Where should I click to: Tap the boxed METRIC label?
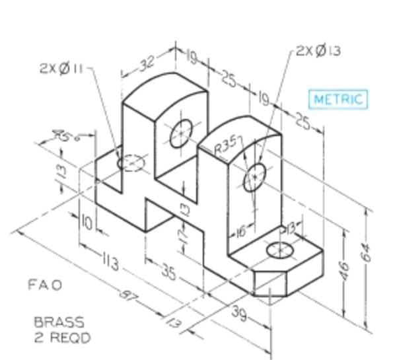338,99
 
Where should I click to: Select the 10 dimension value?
87,221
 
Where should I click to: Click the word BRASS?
59,323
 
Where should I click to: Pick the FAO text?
45,285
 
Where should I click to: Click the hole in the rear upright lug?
180,135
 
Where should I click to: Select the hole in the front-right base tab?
279,251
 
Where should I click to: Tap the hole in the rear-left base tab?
131,162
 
